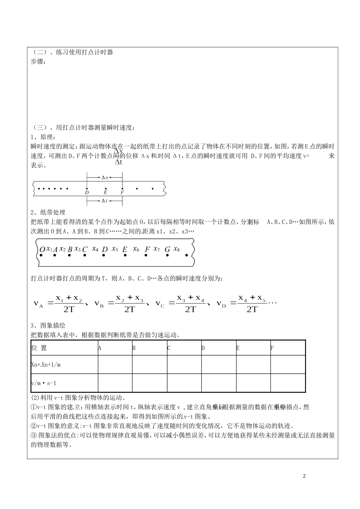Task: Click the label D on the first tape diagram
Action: click(x=87, y=192)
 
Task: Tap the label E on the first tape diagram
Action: click(x=105, y=192)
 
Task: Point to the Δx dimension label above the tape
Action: click(x=105, y=177)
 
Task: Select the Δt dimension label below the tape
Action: click(x=105, y=201)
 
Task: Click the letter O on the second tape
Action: click(x=42, y=249)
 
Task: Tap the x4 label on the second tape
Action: click(x=95, y=249)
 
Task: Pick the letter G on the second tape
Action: click(x=167, y=249)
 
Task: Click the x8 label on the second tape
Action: click(x=176, y=249)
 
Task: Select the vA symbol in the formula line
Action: click(x=39, y=304)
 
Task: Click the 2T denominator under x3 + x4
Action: click(x=190, y=309)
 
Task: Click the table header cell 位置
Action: click(x=39, y=348)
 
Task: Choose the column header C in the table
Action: click(x=169, y=348)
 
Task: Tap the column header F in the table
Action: click(x=272, y=348)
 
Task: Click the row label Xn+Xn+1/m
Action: click(x=46, y=365)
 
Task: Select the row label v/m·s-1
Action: click(x=44, y=383)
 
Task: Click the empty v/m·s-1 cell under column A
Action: click(x=115, y=383)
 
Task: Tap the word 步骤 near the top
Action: click(x=38, y=62)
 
